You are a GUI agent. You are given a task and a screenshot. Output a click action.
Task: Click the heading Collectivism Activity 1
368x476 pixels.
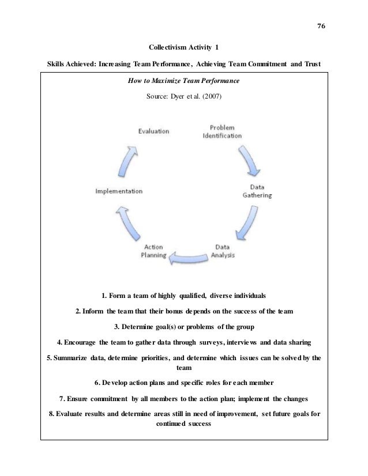(x=183, y=47)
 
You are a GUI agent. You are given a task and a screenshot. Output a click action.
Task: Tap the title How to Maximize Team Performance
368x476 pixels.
(x=183, y=81)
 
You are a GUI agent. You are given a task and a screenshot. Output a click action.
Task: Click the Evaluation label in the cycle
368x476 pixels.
(x=153, y=131)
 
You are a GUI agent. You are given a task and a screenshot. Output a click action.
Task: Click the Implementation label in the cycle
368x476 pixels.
(x=119, y=191)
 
